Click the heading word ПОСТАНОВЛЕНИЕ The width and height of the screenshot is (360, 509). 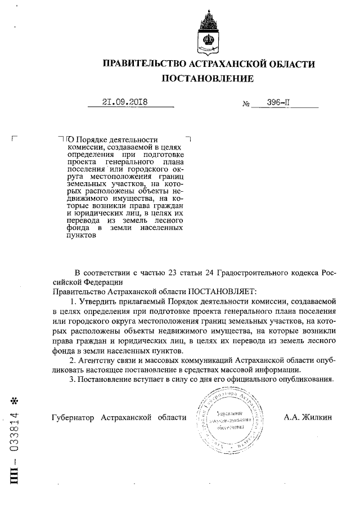208,79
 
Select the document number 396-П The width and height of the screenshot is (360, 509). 281,102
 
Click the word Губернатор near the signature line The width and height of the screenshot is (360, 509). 73,417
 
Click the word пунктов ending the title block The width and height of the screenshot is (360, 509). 82,236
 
